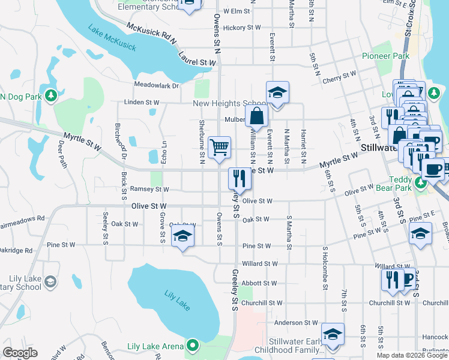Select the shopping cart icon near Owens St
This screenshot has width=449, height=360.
[219, 147]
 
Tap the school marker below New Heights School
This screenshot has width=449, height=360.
[277, 93]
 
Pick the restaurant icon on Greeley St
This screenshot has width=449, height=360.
[240, 178]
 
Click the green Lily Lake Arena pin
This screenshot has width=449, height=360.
[192, 346]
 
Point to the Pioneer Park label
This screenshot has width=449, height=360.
[385, 56]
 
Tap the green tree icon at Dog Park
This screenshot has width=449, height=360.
[51, 95]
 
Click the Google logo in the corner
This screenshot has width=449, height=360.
[20, 353]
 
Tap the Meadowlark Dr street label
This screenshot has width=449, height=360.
[157, 86]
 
